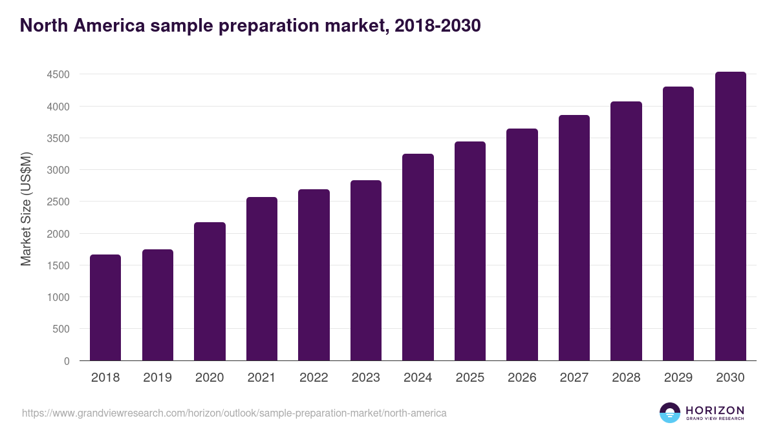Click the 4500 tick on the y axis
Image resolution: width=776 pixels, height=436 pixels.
pyautogui.click(x=58, y=75)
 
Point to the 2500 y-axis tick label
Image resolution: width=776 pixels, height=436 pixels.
pyautogui.click(x=58, y=202)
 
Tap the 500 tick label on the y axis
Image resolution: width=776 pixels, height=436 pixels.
pyautogui.click(x=61, y=329)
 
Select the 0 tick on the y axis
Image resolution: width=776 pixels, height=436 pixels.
pyautogui.click(x=67, y=361)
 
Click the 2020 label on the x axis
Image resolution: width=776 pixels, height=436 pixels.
pyautogui.click(x=210, y=378)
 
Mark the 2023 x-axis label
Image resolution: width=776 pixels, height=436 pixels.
pyautogui.click(x=366, y=378)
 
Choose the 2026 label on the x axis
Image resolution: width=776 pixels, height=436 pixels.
pyautogui.click(x=522, y=378)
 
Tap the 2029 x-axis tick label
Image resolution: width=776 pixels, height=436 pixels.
pyautogui.click(x=678, y=378)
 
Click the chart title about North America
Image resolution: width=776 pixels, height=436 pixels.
pyautogui.click(x=250, y=26)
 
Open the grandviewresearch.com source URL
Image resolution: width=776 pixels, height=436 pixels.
pyautogui.click(x=234, y=413)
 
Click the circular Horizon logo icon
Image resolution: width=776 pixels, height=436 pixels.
pyautogui.click(x=670, y=413)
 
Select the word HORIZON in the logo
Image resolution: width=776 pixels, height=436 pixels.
pyautogui.click(x=715, y=410)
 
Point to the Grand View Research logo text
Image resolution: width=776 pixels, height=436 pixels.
pyautogui.click(x=715, y=419)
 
